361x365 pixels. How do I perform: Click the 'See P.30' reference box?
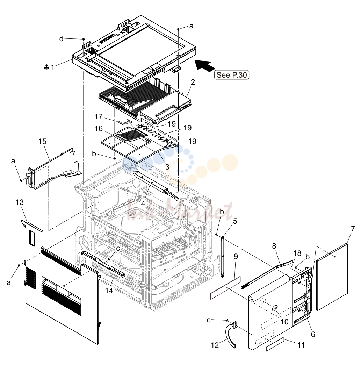click(232, 75)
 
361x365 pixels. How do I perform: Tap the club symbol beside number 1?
click(46, 67)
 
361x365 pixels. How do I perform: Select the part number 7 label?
click(353, 229)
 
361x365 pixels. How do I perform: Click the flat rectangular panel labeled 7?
click(332, 277)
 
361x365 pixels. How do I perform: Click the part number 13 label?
click(20, 202)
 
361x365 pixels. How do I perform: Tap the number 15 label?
click(42, 142)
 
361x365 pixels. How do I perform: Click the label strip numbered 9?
click(225, 288)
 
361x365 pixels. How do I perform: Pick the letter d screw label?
click(61, 39)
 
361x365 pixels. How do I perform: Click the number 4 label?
click(143, 204)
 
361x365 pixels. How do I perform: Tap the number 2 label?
click(193, 82)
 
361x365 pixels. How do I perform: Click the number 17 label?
click(99, 116)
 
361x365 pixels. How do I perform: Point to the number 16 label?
click(99, 129)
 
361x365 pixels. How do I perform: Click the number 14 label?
click(109, 291)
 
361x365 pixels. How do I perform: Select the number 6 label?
click(313, 334)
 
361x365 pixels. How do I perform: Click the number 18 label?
click(297, 253)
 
